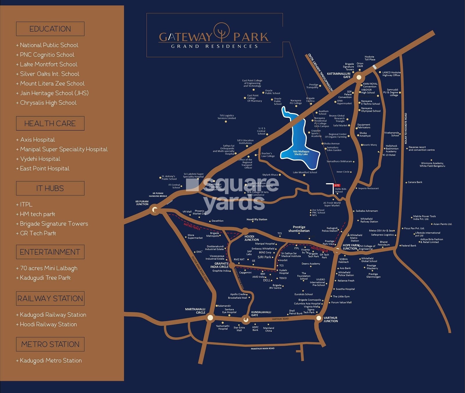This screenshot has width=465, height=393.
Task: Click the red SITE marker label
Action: (337, 185)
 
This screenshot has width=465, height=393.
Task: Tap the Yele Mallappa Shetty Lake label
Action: (301, 153)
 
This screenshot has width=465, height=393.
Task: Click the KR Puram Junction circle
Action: (155, 210)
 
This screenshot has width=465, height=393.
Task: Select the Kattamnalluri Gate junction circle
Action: (359, 77)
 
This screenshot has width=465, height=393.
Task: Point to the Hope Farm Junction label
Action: (350, 247)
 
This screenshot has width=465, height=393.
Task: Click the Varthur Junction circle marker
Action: (319, 318)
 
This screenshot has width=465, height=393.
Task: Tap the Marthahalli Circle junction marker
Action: (210, 318)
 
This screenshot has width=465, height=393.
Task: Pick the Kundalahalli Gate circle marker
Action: (246, 320)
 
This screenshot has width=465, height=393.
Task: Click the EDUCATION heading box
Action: (50, 29)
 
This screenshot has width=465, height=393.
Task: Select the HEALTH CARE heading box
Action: (50, 123)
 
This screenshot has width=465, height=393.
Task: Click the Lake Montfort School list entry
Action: (49, 64)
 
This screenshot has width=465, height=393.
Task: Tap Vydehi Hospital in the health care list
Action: (40, 159)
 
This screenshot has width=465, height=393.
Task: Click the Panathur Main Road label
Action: (262, 348)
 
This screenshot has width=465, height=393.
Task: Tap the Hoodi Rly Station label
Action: (257, 219)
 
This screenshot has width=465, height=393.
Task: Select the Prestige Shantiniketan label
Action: (299, 229)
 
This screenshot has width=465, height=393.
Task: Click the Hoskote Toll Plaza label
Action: (370, 58)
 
